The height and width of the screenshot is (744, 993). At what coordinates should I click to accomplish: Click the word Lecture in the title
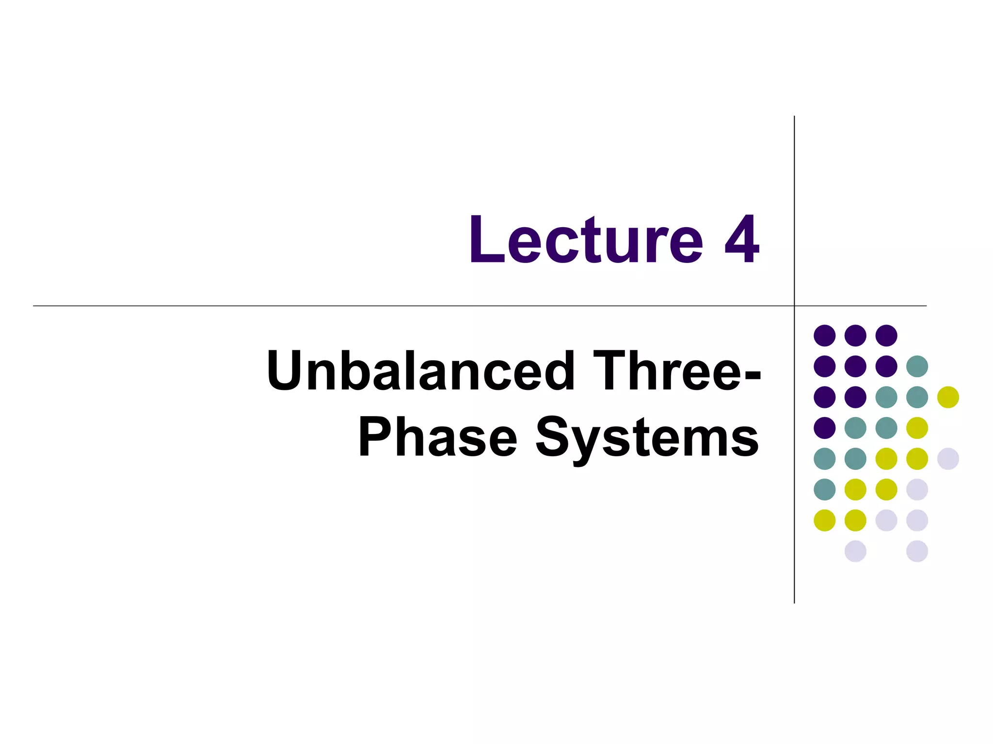586,240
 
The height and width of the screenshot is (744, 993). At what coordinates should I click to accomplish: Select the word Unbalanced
420,371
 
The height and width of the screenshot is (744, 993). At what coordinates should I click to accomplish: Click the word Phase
438,437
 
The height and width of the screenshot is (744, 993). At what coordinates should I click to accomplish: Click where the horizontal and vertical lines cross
794,306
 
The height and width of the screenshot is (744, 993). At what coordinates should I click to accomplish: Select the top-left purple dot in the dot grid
825,335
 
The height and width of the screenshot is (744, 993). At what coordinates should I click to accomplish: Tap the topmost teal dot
917,366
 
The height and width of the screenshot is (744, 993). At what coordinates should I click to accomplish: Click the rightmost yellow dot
948,397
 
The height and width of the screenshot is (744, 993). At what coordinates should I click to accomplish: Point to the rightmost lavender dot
948,459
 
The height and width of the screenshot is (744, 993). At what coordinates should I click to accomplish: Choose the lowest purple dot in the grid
825,428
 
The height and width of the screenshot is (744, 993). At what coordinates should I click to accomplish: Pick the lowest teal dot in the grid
825,489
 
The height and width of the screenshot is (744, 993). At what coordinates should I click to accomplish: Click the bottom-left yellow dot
825,520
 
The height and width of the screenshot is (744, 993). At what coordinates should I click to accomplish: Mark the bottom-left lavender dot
855,551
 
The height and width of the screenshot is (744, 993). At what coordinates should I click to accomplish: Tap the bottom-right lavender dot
917,551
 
